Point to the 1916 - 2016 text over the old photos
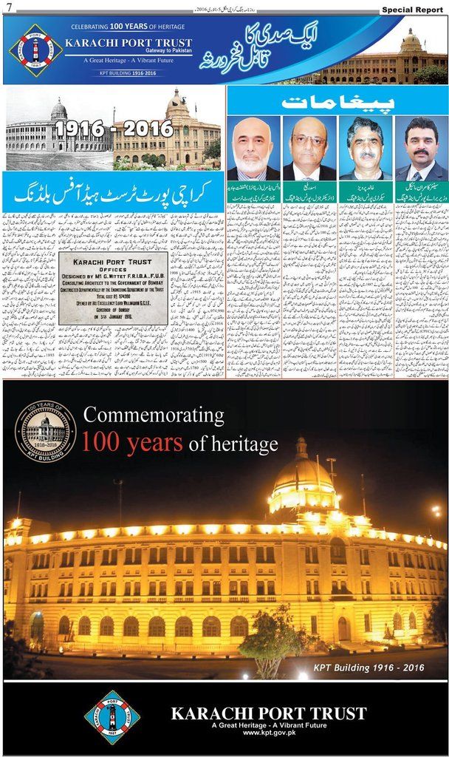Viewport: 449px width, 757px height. pyautogui.click(x=114, y=129)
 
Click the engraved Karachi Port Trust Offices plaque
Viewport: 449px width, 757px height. pyautogui.click(x=113, y=288)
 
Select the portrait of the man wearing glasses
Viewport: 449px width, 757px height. pyautogui.click(x=309, y=148)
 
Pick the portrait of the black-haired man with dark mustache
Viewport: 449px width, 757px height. pyautogui.click(x=421, y=148)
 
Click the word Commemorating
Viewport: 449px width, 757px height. pyautogui.click(x=154, y=415)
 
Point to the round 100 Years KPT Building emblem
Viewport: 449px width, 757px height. pyautogui.click(x=46, y=430)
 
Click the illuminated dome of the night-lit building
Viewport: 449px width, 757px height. pyautogui.click(x=303, y=481)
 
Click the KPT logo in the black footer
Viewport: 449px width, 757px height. pyautogui.click(x=112, y=717)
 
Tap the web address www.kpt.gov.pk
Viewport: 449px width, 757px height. pyautogui.click(x=268, y=732)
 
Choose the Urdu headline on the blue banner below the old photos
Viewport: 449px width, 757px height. pyautogui.click(x=113, y=194)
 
